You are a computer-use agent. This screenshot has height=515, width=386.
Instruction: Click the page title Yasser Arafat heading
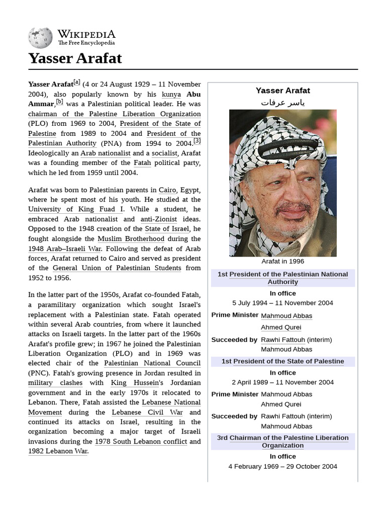tap(75, 58)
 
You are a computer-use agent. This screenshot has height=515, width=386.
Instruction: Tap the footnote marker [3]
tap(197, 141)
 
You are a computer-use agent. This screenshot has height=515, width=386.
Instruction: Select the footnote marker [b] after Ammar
tap(59, 102)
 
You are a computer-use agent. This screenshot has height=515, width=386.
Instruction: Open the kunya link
tap(171, 94)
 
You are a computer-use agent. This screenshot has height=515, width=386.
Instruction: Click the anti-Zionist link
tap(158, 219)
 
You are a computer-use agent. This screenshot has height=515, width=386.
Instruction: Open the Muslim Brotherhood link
tap(131, 238)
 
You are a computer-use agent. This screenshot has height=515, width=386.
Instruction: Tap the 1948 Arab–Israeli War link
tap(65, 248)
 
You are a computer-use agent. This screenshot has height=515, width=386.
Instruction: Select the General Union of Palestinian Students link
tap(117, 268)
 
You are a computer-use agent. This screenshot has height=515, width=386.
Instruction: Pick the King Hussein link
tap(130, 383)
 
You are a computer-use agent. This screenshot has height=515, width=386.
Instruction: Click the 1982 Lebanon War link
tap(58, 451)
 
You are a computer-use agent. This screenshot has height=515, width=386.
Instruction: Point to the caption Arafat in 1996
tap(282, 262)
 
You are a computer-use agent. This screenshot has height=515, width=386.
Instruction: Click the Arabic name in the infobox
tap(282, 103)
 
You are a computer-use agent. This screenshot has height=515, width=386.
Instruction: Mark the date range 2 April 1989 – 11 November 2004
tap(282, 382)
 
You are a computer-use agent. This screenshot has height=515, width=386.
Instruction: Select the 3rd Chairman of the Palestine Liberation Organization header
tap(282, 442)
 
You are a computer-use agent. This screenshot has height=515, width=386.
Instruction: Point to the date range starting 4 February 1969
tap(282, 466)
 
